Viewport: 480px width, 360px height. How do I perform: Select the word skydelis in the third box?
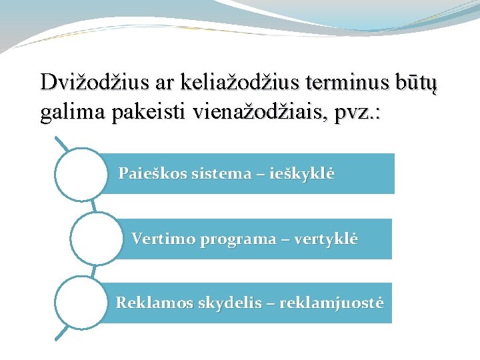(213, 303)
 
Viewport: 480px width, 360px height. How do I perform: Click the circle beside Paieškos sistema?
(80, 175)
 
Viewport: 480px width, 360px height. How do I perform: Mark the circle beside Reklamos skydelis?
(80, 303)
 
